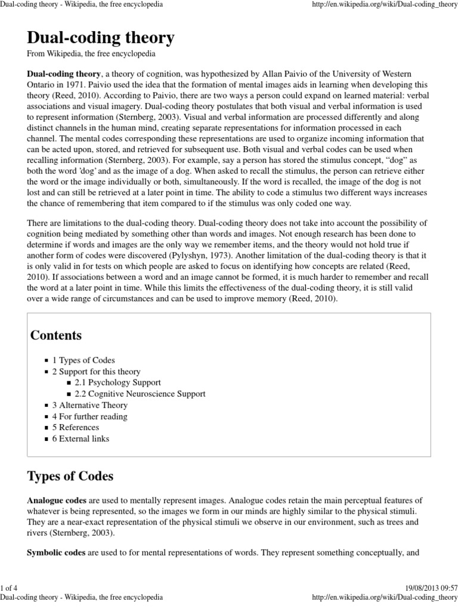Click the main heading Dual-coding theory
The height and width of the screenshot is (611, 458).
pos(101,38)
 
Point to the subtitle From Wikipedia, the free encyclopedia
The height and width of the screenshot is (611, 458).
pos(91,54)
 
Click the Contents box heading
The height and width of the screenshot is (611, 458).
pos(56,335)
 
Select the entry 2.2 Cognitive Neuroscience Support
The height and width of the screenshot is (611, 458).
pos(140,394)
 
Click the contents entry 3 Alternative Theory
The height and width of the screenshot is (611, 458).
pos(90,405)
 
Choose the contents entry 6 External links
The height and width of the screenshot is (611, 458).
pos(81,439)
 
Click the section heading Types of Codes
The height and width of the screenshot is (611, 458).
pos(70,477)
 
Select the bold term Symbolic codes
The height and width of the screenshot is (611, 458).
pos(56,553)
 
